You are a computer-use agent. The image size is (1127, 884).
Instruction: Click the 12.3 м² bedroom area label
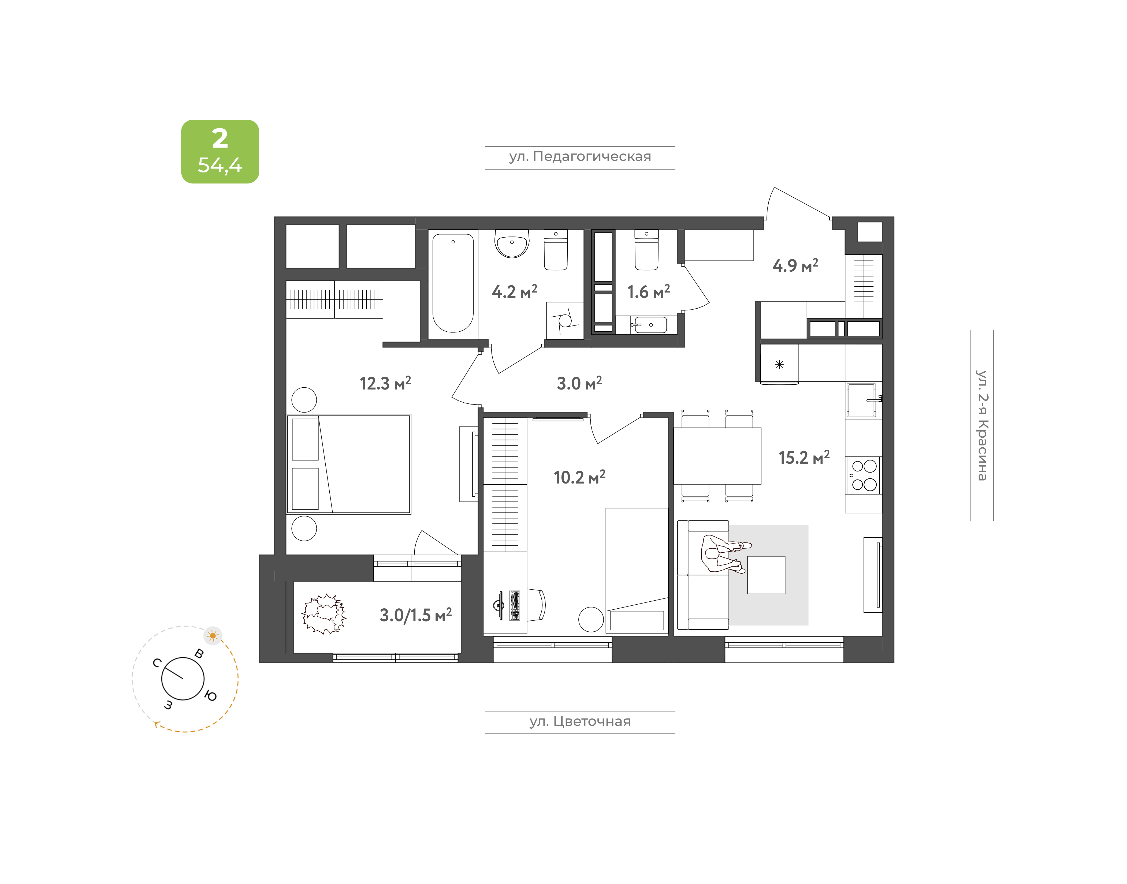pos(385,383)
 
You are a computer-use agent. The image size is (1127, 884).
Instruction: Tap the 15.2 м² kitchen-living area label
pos(804,457)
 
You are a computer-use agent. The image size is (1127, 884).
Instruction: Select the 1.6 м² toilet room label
pos(649,291)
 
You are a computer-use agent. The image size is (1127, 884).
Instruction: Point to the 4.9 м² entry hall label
pos(795,265)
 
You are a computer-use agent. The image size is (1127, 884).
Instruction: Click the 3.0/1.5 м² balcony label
pos(416,615)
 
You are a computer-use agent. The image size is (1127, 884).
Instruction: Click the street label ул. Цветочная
pos(580,721)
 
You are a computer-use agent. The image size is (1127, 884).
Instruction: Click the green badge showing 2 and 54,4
pos(220,152)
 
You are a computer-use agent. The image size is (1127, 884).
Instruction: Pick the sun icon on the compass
pos(213,636)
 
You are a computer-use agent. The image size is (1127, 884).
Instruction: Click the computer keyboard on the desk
pos(515,605)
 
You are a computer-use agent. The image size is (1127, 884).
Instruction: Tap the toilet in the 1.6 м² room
pos(647,250)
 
